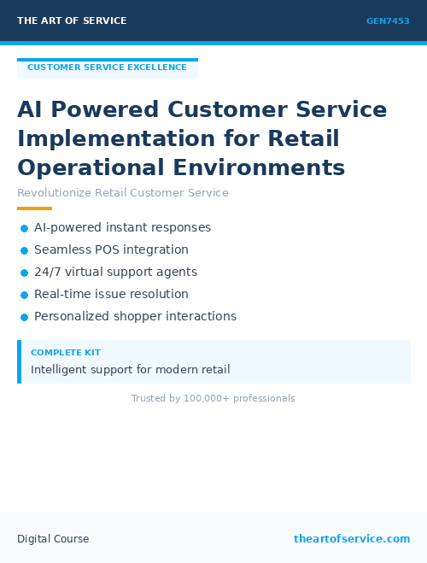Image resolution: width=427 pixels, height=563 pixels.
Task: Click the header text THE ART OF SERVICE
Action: (72, 21)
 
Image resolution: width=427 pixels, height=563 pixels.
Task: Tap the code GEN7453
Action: (388, 21)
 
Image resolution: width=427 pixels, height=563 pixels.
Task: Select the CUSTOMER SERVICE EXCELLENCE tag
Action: (107, 67)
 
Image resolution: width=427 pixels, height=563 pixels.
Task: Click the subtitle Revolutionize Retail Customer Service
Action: (123, 193)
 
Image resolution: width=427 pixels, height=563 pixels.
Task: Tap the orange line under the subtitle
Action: (34, 208)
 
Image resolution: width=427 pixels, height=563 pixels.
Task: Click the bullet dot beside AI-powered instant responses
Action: (24, 228)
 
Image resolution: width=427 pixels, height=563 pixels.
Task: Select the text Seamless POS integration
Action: (111, 250)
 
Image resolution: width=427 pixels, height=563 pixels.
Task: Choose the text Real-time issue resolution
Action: (111, 295)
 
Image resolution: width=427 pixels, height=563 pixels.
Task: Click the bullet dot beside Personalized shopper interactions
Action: (24, 317)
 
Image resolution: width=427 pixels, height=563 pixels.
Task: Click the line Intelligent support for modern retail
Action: (130, 370)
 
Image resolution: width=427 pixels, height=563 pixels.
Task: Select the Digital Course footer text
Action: (53, 539)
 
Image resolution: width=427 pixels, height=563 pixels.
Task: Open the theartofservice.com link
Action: (352, 539)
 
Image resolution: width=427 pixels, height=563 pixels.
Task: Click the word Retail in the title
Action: (303, 138)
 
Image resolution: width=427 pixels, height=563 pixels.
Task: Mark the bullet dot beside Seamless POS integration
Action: (24, 250)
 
